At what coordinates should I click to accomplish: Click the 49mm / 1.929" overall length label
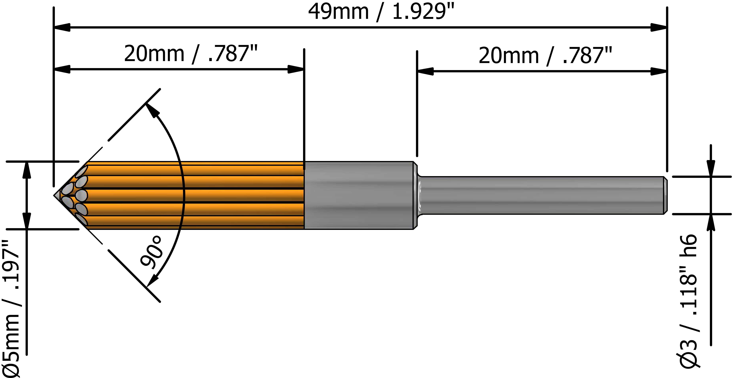click(x=381, y=12)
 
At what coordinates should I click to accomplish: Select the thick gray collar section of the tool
click(x=359, y=195)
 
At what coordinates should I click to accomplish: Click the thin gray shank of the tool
click(x=541, y=195)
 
